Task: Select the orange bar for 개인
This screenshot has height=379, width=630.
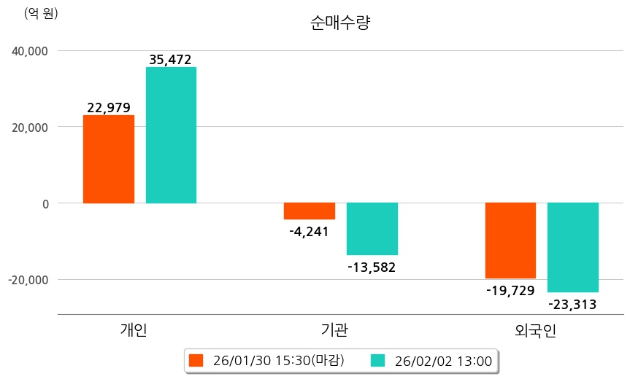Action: pyautogui.click(x=108, y=159)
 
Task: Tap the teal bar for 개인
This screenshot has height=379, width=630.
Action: pyautogui.click(x=171, y=135)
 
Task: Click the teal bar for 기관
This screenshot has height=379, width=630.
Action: pyautogui.click(x=372, y=228)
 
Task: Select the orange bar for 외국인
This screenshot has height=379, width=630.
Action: pyautogui.click(x=510, y=241)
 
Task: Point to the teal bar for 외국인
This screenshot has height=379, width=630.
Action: pyautogui.click(x=573, y=247)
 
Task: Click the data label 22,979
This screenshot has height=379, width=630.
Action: pyautogui.click(x=108, y=108)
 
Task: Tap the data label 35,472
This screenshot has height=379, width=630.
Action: pyautogui.click(x=170, y=60)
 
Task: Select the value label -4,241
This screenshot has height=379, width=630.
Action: pyautogui.click(x=310, y=232)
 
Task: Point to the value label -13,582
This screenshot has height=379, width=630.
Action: pyautogui.click(x=372, y=267)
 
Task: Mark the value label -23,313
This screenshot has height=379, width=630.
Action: pyautogui.click(x=573, y=305)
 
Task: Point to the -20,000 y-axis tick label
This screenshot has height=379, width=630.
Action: pyautogui.click(x=28, y=280)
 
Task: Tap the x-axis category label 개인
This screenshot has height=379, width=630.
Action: pyautogui.click(x=134, y=330)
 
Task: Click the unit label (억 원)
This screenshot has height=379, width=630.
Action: pyautogui.click(x=41, y=13)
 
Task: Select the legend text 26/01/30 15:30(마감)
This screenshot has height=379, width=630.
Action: pyautogui.click(x=279, y=361)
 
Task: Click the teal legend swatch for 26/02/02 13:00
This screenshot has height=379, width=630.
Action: pyautogui.click(x=377, y=361)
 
